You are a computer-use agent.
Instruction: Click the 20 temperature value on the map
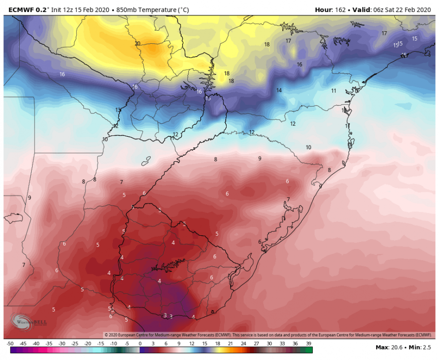click(137, 44)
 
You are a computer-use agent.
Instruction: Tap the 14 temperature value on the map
click(279, 90)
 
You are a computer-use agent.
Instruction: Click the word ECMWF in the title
click(18, 9)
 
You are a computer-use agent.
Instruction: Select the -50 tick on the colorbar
click(10, 344)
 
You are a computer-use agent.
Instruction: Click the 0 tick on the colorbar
click(140, 344)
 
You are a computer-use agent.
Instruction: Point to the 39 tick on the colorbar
click(308, 344)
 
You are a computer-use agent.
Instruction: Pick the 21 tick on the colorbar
click(231, 344)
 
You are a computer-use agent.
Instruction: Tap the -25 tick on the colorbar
click(75, 344)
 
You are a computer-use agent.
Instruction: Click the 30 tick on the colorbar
click(269, 344)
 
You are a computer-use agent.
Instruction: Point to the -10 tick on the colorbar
click(114, 344)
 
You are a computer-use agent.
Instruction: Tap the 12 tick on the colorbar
click(192, 344)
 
